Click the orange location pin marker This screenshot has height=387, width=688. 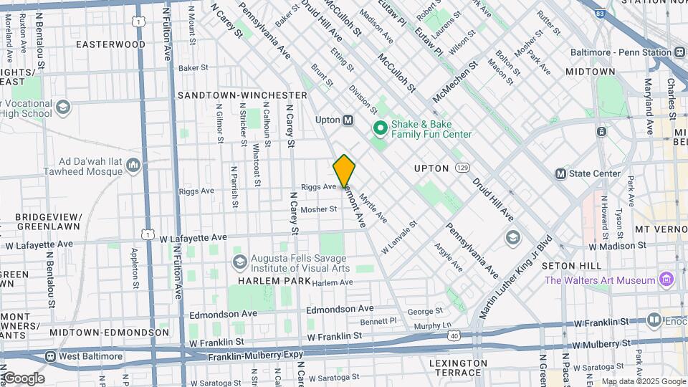click(344, 171)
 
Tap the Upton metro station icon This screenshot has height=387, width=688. click(348, 120)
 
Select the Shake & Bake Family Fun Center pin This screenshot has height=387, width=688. click(379, 128)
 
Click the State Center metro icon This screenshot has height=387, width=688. click(561, 173)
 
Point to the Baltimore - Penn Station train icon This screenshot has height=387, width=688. click(679, 52)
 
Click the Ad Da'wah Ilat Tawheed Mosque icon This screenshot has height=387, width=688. click(133, 166)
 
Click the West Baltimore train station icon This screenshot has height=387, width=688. click(51, 356)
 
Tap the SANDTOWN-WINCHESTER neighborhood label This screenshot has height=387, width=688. click(242, 95)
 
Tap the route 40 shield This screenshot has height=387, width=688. click(454, 334)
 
